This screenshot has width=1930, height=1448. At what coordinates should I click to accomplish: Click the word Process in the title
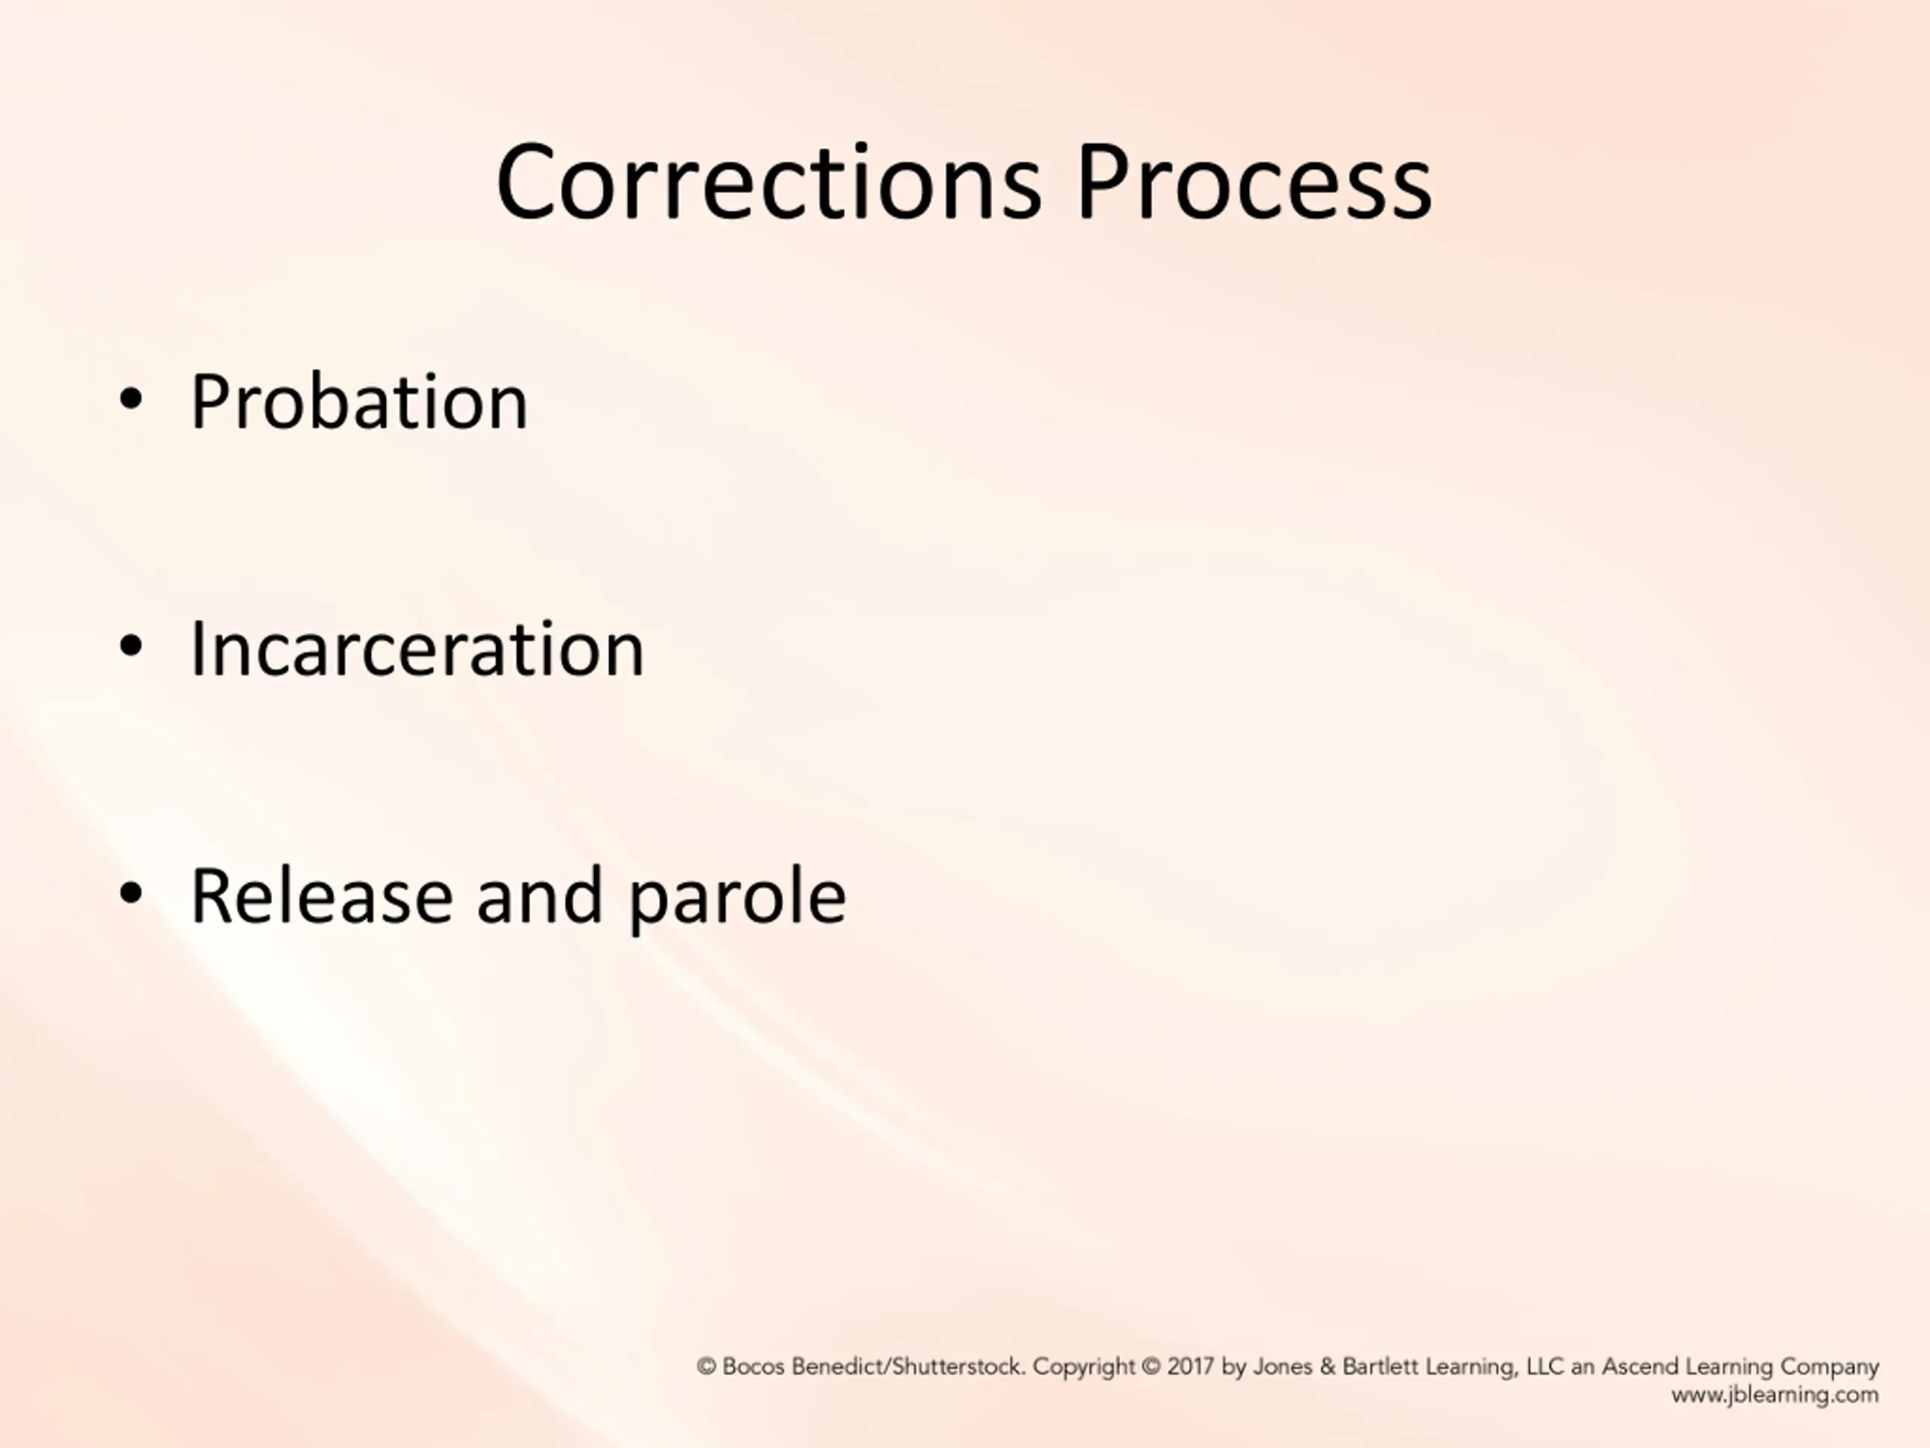point(1254,183)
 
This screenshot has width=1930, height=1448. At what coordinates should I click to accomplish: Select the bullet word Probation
point(359,403)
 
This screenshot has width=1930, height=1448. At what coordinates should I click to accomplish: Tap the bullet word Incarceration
point(417,649)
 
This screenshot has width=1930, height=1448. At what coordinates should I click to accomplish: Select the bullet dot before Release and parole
point(131,894)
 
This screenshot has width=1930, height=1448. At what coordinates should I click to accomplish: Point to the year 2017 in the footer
point(1190,1366)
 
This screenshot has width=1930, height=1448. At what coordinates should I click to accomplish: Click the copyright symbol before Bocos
point(706,1366)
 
